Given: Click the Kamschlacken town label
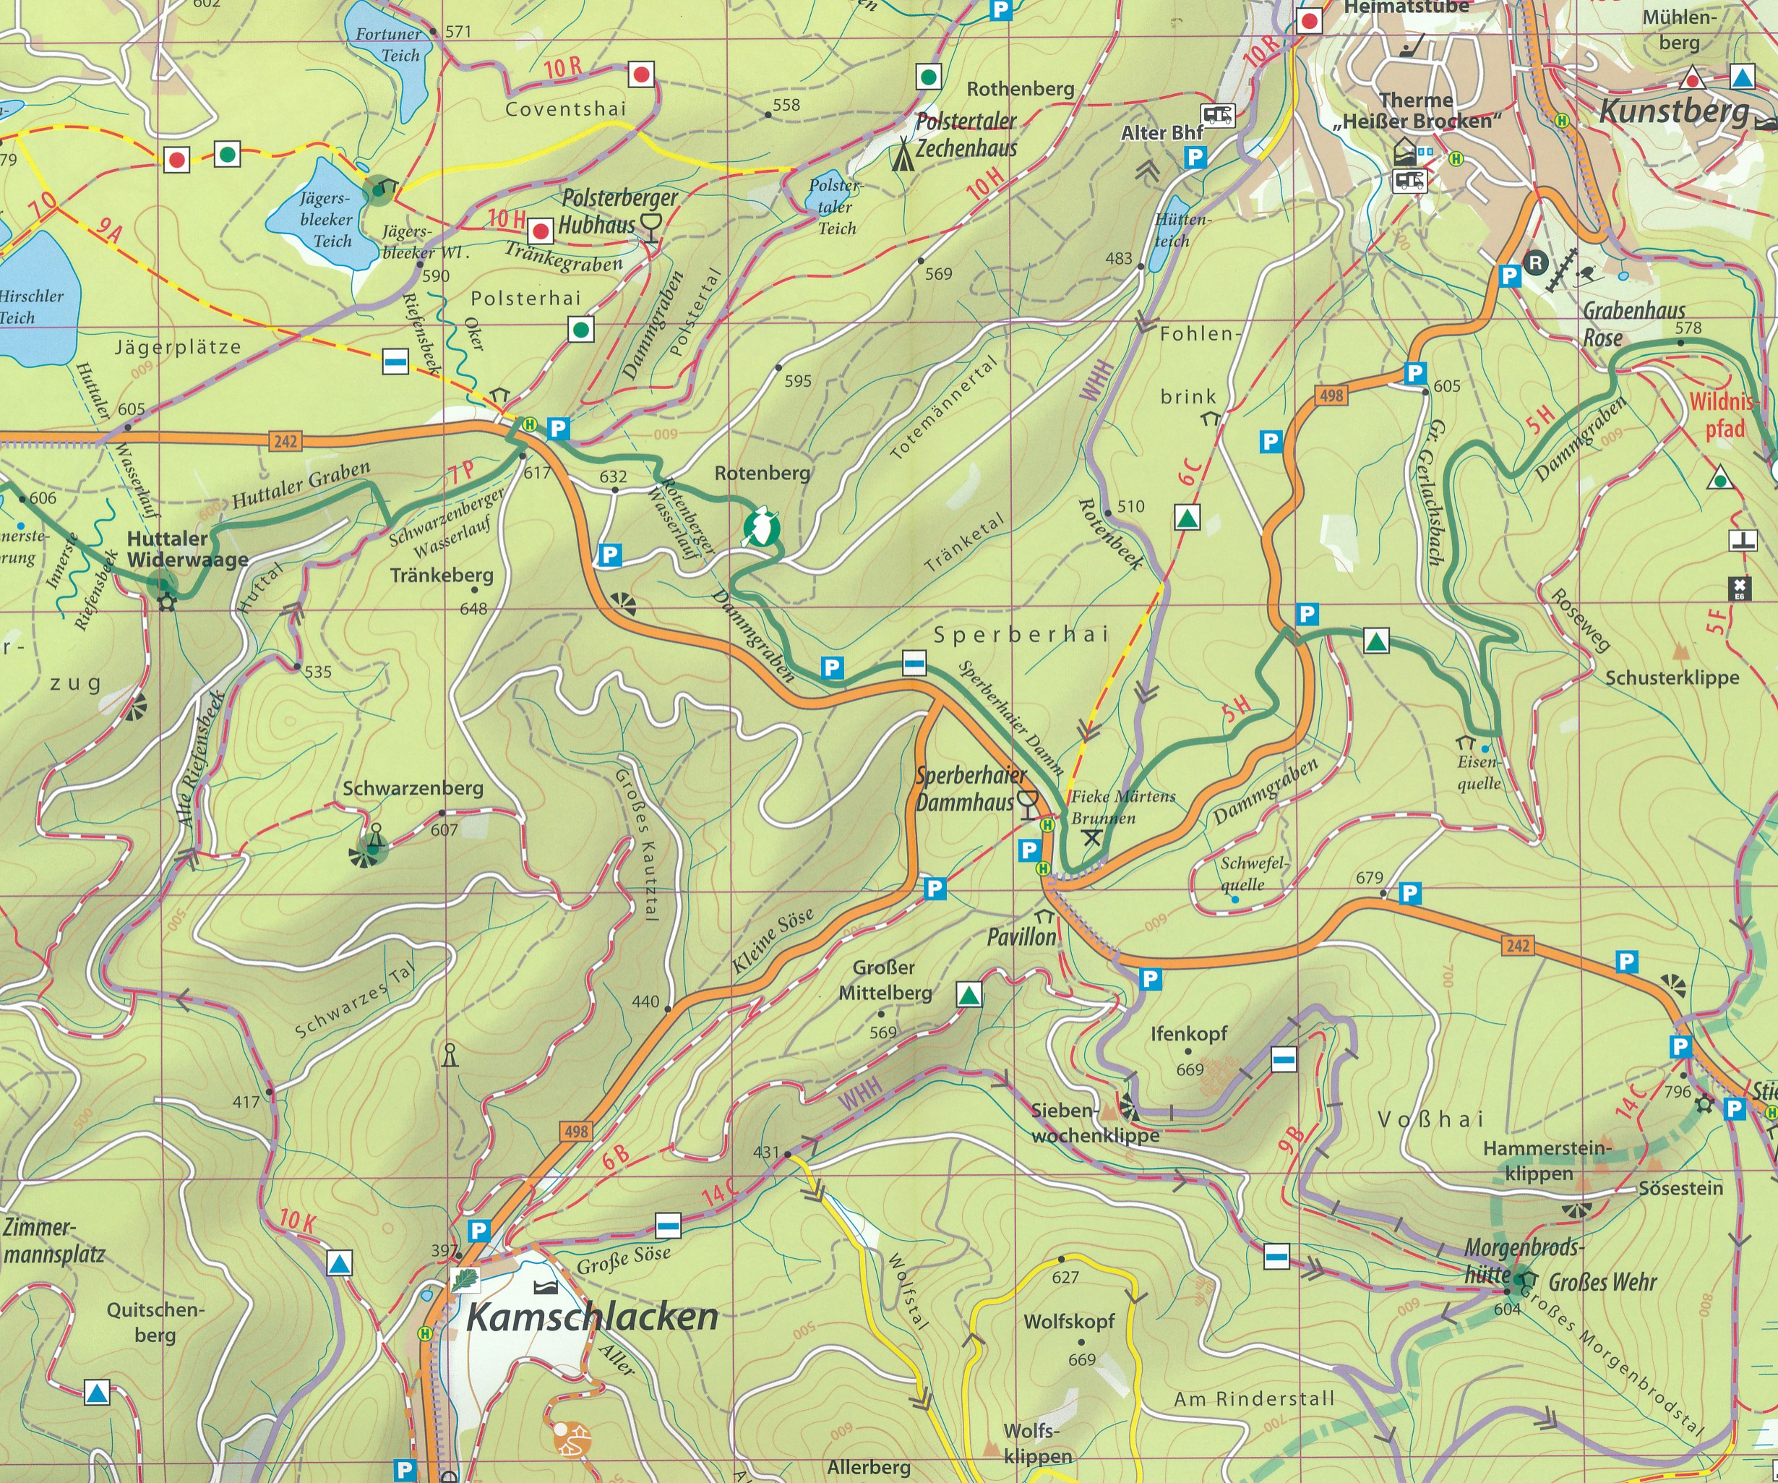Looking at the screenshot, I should point(592,1317).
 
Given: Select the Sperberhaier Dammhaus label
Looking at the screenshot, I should point(969,790).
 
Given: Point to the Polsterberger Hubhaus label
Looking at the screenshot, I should point(619,211).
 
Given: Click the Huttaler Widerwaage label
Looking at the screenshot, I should point(187,549).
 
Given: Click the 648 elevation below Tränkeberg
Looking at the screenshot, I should point(473,608).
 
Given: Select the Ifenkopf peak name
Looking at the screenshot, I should point(1188,1033).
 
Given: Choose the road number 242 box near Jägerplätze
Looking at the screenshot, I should point(285,441).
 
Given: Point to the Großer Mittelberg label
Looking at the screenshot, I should point(884,980).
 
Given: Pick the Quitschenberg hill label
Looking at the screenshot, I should point(155,1322).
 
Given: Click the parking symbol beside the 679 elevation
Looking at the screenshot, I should point(1409,893).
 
